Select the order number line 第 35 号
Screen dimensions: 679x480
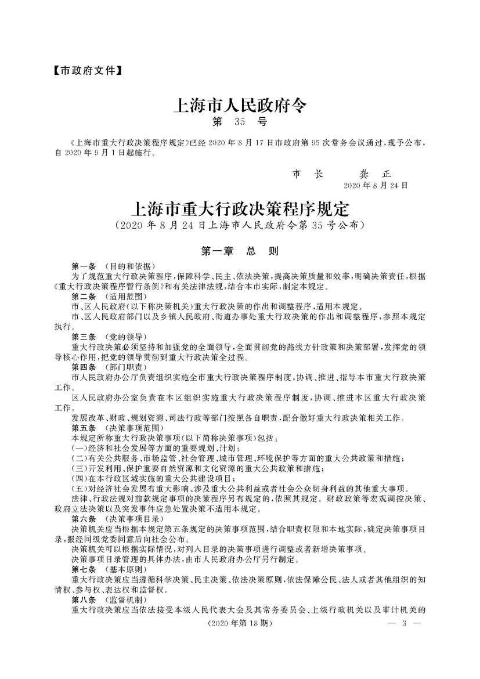click(240, 122)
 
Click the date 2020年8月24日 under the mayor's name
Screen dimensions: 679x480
click(376, 186)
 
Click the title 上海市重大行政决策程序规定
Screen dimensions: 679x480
click(240, 208)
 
